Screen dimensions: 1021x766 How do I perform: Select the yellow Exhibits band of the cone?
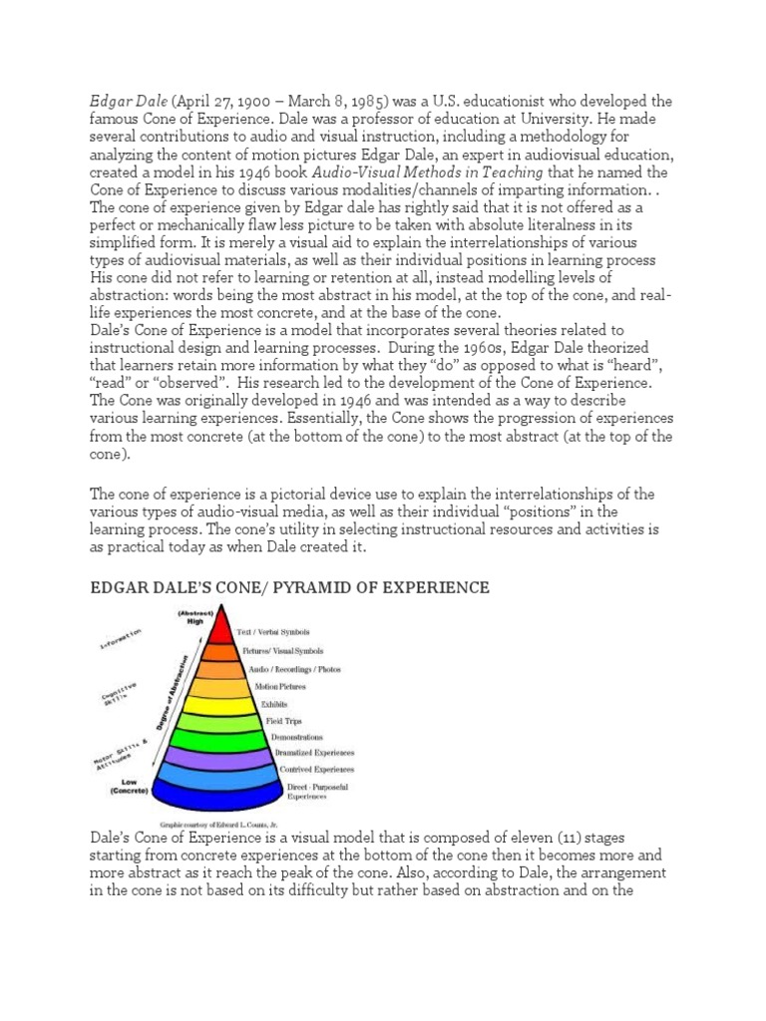[217, 704]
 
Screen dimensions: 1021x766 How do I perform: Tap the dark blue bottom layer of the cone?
[217, 793]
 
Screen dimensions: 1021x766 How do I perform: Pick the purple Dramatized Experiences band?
[217, 755]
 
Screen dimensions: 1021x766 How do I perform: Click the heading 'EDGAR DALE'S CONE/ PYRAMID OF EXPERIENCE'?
[289, 587]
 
